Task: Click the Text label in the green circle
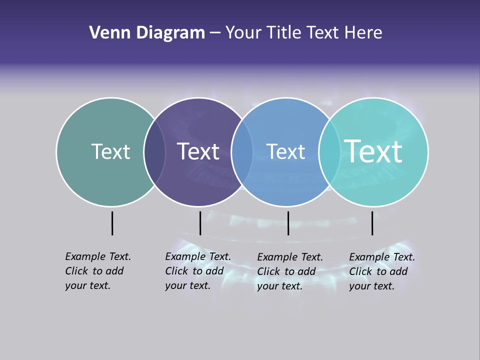pos(110,151)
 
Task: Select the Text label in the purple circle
pos(198,151)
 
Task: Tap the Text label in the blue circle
pos(285,151)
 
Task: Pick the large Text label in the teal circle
pos(373,151)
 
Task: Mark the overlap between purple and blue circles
pos(242,152)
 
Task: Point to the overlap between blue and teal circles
pos(329,152)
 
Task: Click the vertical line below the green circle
pos(112,223)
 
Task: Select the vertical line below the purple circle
pos(200,223)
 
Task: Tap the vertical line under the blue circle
pos(288,223)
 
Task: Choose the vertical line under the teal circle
pos(372,223)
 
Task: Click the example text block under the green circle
pos(98,271)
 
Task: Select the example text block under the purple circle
pos(198,271)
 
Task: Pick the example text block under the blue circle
pos(290,271)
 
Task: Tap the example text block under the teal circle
pos(382,271)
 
